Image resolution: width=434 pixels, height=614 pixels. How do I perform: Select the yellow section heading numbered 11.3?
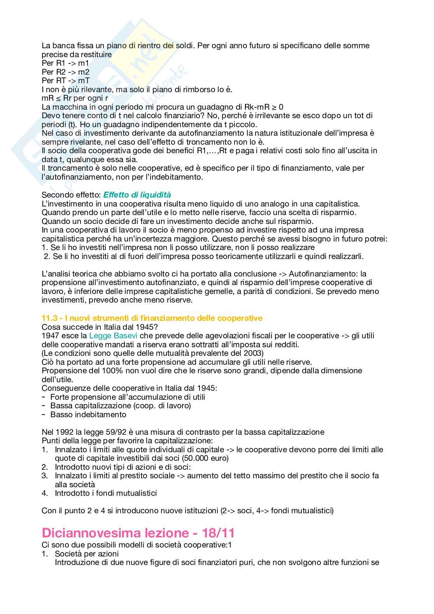tap(152, 318)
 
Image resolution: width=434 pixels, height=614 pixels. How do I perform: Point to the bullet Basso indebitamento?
tap(88, 415)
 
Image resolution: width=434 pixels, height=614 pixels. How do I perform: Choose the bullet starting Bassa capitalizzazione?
tap(121, 406)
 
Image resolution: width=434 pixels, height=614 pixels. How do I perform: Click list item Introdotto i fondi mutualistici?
tap(106, 493)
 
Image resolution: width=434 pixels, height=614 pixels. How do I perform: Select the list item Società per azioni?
tap(87, 554)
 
